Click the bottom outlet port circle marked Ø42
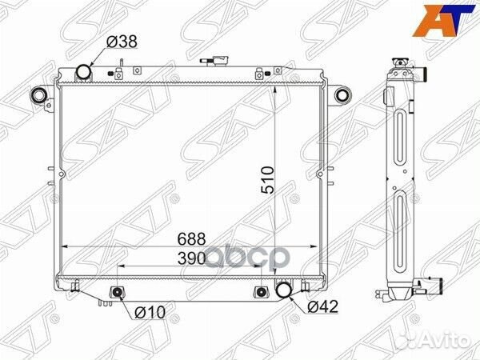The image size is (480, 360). point(284,290)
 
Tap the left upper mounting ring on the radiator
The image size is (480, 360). point(37,96)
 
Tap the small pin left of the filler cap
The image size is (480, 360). point(118,66)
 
